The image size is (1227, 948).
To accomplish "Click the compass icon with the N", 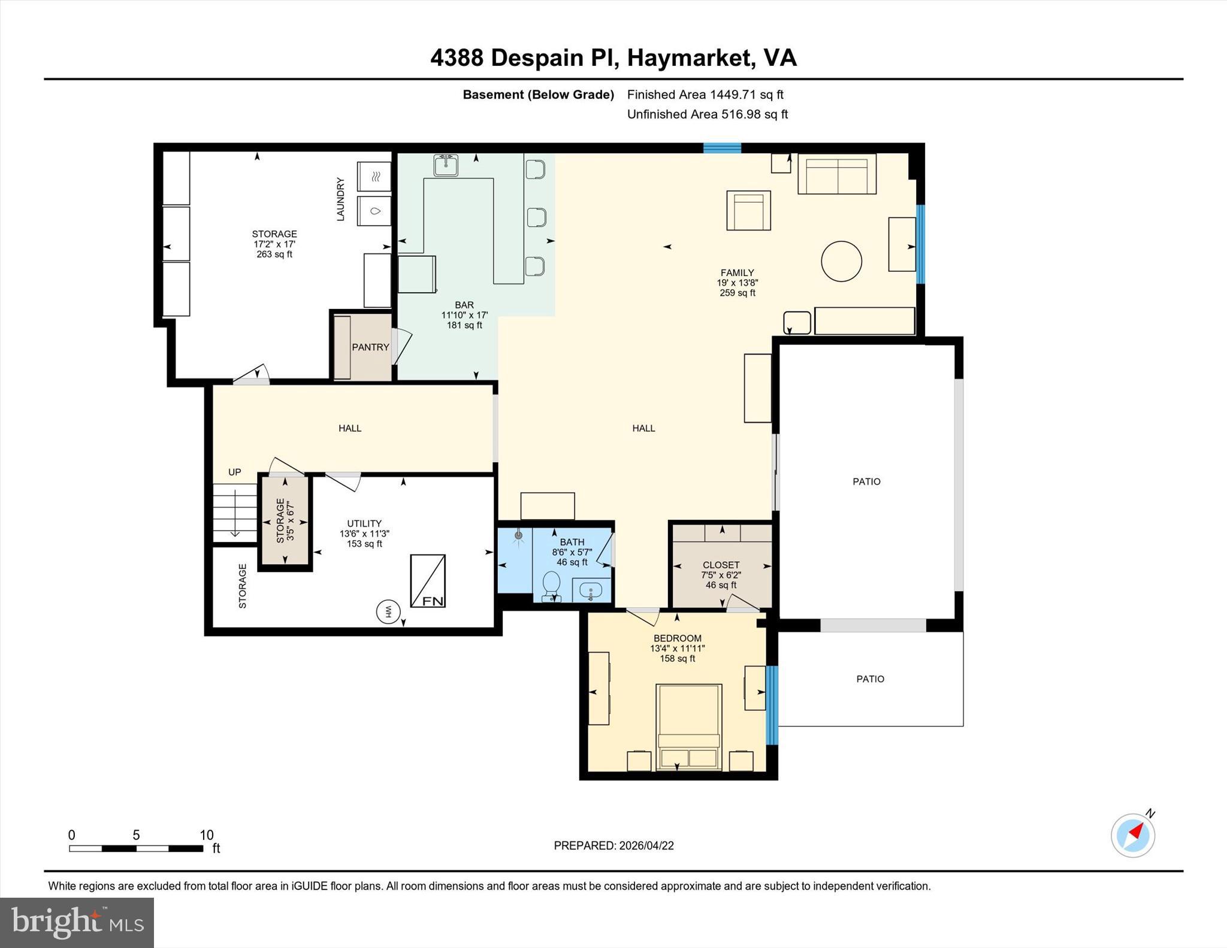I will (1132, 835).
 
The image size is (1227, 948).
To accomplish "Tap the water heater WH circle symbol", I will (387, 611).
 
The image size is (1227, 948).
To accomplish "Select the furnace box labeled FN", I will (428, 581).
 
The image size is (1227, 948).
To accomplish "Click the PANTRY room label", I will (370, 347).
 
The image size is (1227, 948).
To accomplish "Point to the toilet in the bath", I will (551, 586).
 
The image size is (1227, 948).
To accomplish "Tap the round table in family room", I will (841, 261).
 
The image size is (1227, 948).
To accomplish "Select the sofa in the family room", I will (836, 174).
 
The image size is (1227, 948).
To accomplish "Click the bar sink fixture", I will (446, 165).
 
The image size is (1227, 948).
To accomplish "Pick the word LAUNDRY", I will (340, 199).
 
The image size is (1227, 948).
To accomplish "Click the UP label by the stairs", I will (235, 472).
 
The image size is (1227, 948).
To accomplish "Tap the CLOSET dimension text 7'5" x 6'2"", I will (721, 575).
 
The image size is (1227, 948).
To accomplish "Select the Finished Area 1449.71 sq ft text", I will (705, 95).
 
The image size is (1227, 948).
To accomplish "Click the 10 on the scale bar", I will (206, 835).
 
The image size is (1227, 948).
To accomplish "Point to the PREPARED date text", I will (613, 846).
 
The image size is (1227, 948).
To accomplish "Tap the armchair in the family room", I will (748, 210).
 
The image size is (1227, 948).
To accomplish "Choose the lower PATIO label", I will (870, 679).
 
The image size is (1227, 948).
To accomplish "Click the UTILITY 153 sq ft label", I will (364, 534).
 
